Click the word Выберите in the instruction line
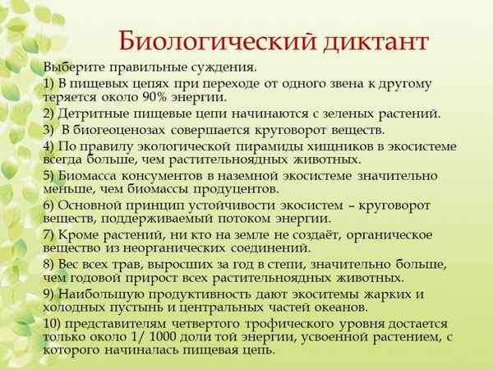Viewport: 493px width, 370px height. coord(75,67)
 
